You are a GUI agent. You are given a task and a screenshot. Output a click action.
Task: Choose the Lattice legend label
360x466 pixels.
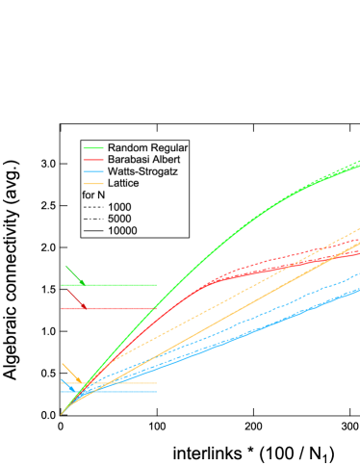coord(124,183)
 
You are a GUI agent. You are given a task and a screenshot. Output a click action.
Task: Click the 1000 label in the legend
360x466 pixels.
coord(120,207)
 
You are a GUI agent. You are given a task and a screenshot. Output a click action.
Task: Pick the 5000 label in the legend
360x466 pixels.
coord(120,219)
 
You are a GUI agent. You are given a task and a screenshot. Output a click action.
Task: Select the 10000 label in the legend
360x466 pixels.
coord(123,230)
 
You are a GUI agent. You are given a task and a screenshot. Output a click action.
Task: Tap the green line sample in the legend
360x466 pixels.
coord(93,147)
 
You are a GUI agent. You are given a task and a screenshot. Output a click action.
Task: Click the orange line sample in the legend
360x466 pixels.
coord(93,183)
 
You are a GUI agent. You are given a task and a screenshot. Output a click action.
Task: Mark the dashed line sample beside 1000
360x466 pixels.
coord(93,207)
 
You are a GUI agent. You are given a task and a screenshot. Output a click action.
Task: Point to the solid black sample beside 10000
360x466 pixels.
coord(93,230)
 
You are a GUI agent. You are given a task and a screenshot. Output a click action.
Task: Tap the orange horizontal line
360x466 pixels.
coord(135,383)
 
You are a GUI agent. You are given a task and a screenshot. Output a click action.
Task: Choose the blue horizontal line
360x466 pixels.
coord(135,392)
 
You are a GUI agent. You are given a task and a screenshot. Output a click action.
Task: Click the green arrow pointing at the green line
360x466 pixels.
coord(76,275)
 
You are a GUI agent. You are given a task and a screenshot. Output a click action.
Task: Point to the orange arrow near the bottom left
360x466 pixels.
coord(69,372)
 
